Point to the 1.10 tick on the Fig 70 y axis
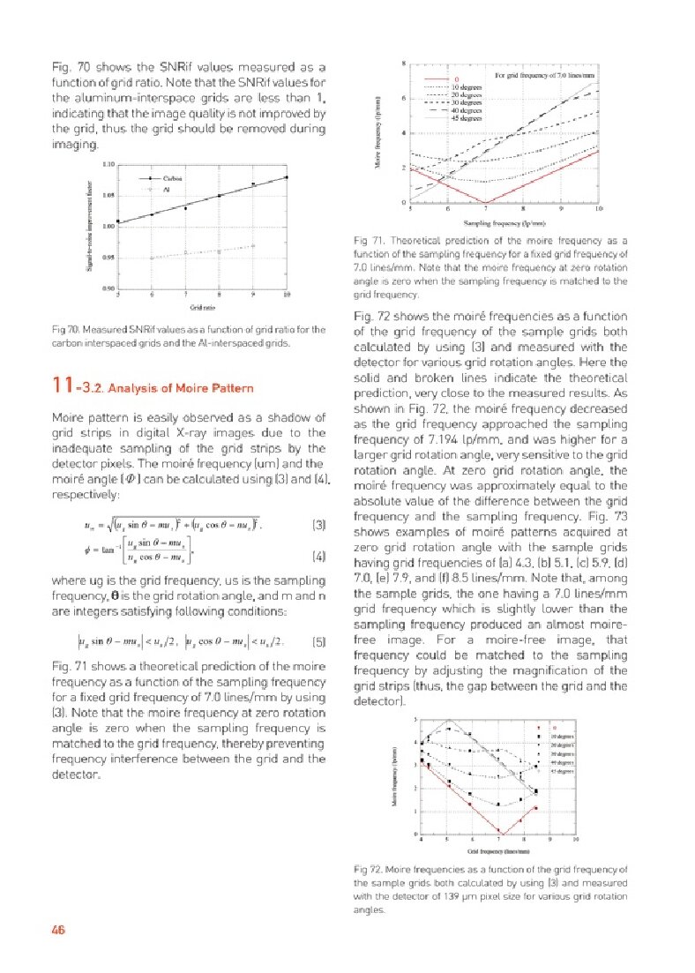[x=108, y=164]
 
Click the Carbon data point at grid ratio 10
[x=288, y=177]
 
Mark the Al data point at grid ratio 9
[x=254, y=246]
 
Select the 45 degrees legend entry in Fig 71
[x=465, y=117]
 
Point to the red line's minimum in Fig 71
[x=486, y=203]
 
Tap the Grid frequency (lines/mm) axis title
[x=497, y=851]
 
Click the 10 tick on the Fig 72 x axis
[x=575, y=841]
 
